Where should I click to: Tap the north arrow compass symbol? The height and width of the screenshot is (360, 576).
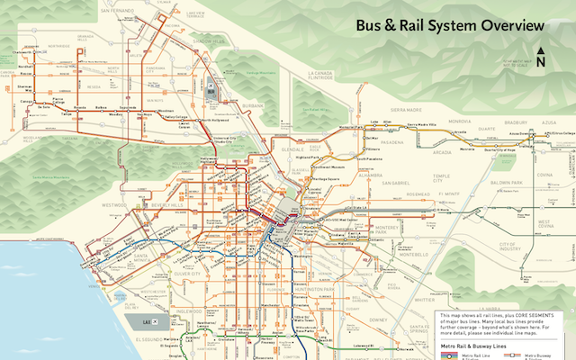tap(540, 58)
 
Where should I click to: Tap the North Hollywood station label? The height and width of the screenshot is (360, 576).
tap(214, 120)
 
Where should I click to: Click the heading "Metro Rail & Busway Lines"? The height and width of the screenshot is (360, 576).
tap(472, 345)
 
